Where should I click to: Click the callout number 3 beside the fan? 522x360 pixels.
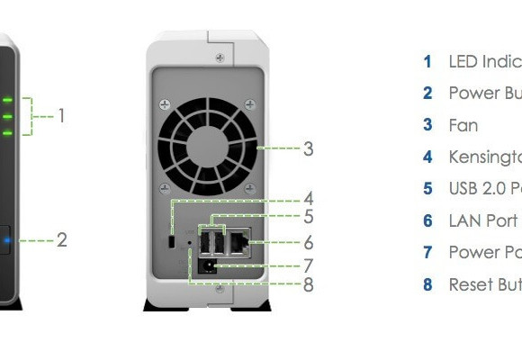tap(308, 148)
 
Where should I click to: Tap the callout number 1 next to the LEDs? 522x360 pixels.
tap(61, 115)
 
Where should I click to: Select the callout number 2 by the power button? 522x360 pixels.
tap(61, 240)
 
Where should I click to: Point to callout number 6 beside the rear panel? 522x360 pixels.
tap(308, 243)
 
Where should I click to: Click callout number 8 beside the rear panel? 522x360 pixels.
tap(308, 285)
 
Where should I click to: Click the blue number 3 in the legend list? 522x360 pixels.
tap(427, 125)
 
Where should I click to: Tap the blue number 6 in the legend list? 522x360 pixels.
tap(427, 220)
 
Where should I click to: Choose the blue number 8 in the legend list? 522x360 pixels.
tap(427, 284)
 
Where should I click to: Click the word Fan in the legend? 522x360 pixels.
tap(463, 125)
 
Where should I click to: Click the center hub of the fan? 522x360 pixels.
tap(208, 142)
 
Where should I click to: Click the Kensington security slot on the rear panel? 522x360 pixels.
tap(171, 241)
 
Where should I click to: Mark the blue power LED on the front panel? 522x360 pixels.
tap(6, 240)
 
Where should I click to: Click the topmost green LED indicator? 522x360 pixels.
tap(6, 100)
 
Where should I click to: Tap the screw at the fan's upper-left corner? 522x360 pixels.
tap(164, 104)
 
